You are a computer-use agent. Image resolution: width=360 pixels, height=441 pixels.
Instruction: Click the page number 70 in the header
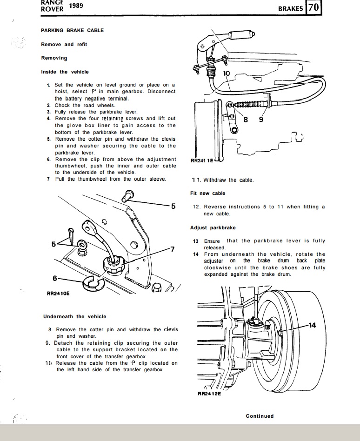tap(313, 8)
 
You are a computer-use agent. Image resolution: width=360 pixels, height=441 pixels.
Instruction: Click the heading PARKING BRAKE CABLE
tap(72, 30)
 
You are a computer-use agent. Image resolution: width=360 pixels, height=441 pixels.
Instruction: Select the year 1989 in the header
tap(76, 6)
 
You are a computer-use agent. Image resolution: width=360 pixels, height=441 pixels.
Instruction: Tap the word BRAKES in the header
tap(291, 8)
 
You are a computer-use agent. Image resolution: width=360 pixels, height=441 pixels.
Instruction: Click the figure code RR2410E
tap(58, 294)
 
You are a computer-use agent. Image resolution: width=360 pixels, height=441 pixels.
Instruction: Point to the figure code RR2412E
tap(209, 394)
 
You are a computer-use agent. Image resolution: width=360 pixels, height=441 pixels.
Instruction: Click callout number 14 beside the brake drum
tap(312, 325)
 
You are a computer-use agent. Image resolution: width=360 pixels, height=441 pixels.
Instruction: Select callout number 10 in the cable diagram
tap(226, 73)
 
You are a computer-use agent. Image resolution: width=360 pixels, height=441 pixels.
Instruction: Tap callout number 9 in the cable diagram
tap(261, 119)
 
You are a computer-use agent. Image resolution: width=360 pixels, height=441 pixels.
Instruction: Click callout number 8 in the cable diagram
tap(247, 119)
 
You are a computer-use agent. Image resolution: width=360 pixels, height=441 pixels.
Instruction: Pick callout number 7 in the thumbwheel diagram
tap(172, 249)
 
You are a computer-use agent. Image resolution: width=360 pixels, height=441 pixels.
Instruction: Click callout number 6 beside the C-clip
tap(55, 278)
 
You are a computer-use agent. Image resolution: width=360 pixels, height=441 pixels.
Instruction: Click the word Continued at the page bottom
tap(260, 416)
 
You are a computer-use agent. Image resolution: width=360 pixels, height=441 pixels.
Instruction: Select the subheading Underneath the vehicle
tap(74, 316)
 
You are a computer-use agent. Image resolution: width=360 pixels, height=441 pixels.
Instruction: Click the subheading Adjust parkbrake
tap(213, 227)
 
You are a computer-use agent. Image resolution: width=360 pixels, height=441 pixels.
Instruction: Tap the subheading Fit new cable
tap(207, 193)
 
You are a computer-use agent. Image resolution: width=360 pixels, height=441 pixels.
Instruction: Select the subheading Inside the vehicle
tap(65, 72)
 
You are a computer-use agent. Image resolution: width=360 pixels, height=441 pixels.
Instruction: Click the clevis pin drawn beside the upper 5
tap(127, 196)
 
